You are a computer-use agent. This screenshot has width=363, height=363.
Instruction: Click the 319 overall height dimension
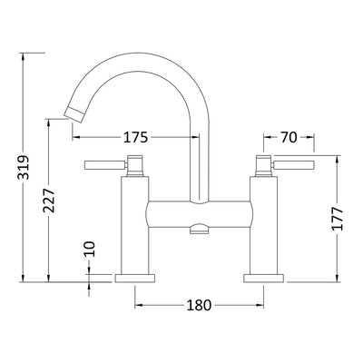point(24,167)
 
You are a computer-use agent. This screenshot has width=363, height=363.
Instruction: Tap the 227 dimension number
point(49,200)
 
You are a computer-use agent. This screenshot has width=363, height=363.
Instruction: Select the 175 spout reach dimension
point(136,138)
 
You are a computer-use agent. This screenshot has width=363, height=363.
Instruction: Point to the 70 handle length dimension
point(289,138)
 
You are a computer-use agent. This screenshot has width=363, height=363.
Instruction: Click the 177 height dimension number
point(337,219)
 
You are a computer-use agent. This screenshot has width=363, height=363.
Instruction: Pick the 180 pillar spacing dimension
point(199,306)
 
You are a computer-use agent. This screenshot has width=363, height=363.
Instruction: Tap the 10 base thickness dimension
point(90,249)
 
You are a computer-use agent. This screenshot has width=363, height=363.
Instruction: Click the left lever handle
point(104,165)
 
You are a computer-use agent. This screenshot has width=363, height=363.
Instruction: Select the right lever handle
point(293,165)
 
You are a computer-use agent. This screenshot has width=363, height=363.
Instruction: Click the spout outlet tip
point(74,114)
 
